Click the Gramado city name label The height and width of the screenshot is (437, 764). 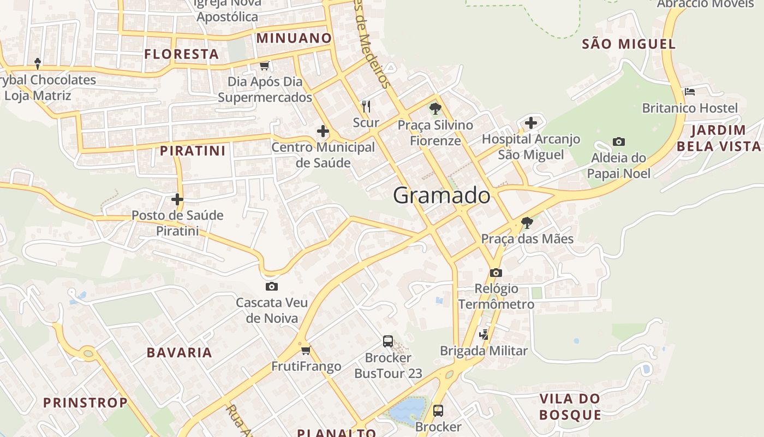441,195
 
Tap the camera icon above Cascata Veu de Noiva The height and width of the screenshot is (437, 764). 271,286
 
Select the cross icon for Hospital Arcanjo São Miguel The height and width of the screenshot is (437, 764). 530,123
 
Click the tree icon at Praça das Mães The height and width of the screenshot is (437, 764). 527,222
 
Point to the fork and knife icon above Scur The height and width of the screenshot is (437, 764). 366,106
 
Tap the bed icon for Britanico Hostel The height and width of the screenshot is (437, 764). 690,91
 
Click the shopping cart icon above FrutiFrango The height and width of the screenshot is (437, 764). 306,350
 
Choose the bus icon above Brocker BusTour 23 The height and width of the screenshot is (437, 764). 387,341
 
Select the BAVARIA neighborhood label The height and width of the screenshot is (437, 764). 179,352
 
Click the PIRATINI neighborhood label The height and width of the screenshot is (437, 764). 193,151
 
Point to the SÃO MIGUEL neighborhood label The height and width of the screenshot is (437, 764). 629,44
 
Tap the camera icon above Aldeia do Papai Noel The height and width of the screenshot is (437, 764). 618,141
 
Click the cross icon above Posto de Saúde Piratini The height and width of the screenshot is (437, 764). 177,199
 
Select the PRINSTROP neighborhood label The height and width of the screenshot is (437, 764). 85,403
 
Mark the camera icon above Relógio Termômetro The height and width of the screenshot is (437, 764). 496,272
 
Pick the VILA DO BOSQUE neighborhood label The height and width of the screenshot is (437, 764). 570,406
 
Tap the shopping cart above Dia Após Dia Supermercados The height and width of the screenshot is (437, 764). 265,66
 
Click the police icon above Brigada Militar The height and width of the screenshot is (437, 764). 484,334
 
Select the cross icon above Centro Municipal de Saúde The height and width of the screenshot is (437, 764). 323,131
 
